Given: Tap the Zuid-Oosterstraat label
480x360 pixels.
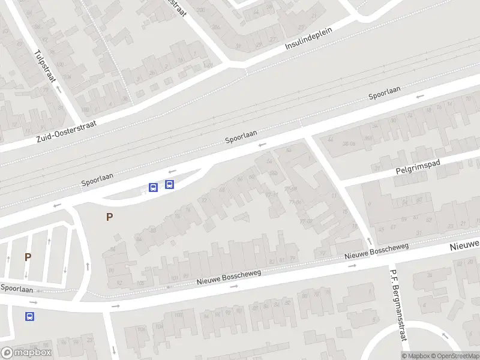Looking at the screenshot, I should click(x=66, y=130).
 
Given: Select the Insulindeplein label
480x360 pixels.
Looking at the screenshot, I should click(x=310, y=37).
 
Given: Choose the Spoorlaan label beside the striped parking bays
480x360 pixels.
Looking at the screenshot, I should click(x=16, y=289).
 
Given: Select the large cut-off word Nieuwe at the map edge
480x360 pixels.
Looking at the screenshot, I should click(x=465, y=245).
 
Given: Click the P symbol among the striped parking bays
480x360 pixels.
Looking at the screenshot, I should click(x=28, y=257).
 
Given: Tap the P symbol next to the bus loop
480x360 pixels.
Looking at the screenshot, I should click(x=109, y=217).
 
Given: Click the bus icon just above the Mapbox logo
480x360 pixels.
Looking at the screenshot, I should click(x=29, y=316).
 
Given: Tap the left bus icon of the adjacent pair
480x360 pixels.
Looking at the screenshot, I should click(x=153, y=187).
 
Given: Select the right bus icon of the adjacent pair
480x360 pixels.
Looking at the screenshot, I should click(x=170, y=185).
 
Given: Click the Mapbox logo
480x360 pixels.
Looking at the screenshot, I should click(x=26, y=353).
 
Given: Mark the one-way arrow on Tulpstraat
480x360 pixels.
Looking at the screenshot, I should click(x=59, y=88).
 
